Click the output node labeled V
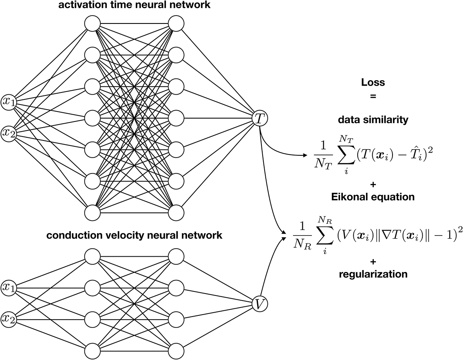click(259, 303)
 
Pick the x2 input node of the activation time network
click(8, 133)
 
